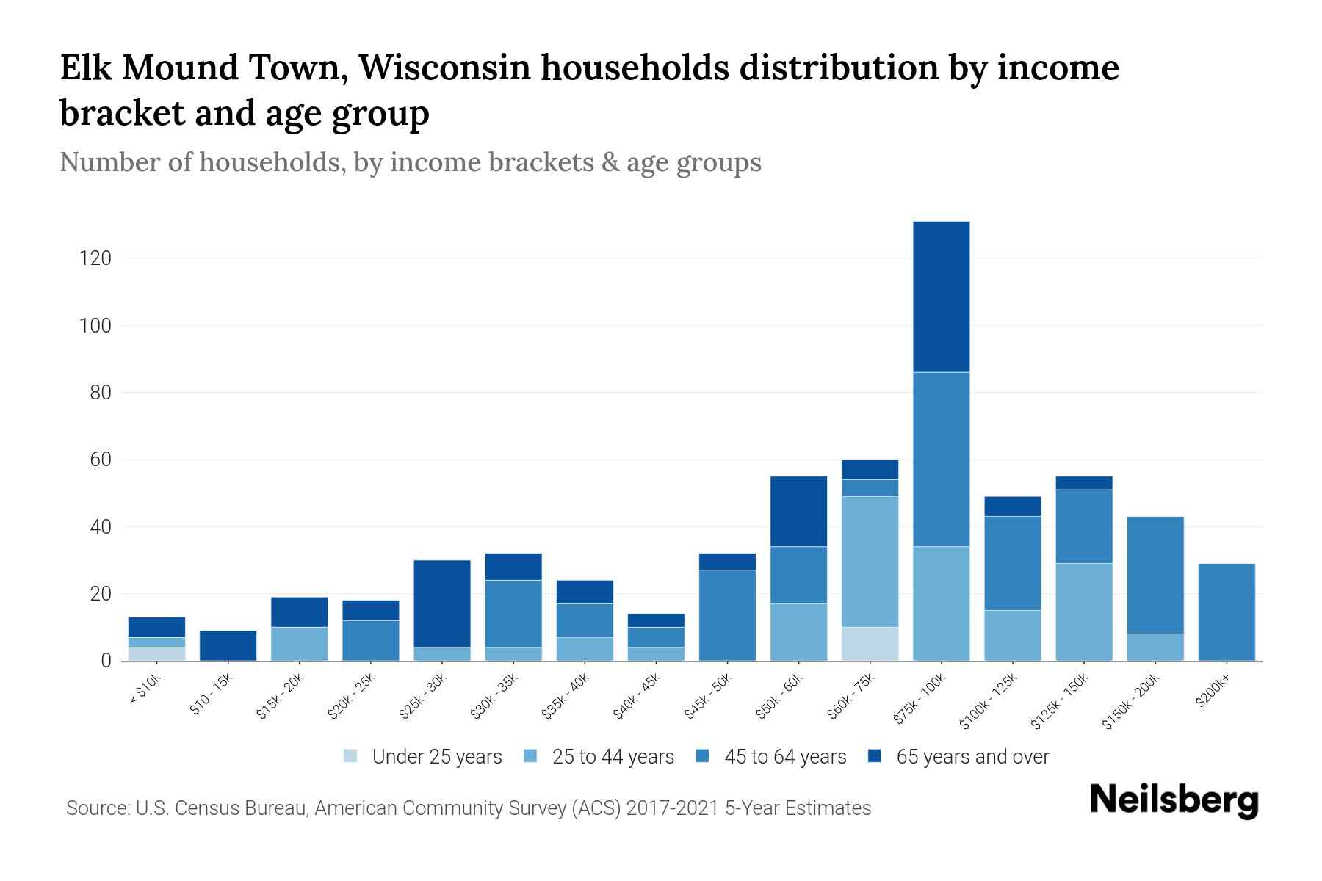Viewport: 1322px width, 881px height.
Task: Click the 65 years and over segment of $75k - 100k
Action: pos(941,297)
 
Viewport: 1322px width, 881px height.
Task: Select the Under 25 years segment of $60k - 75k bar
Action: pos(870,644)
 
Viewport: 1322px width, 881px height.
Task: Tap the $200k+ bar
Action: pos(1226,612)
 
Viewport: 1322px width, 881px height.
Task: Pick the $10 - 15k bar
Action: pos(228,645)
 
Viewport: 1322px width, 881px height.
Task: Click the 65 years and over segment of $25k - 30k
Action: pos(442,603)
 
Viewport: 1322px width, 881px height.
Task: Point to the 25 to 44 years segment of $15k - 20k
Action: pos(299,644)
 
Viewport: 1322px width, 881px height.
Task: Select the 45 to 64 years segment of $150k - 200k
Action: pos(1155,575)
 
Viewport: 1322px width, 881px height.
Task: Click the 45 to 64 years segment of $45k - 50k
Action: pos(727,615)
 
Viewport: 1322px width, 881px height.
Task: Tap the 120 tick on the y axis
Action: pos(95,258)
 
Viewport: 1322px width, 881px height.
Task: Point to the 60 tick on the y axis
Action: pos(101,460)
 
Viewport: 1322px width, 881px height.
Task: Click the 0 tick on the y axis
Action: pos(106,661)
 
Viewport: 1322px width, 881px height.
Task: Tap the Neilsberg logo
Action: pos(1174,800)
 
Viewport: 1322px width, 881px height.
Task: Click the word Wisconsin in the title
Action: pos(444,68)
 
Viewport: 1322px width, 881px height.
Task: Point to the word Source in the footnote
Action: pos(95,808)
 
